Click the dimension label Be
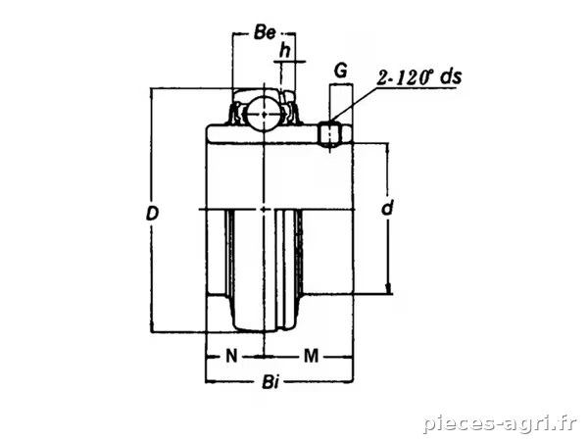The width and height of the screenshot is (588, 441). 265,32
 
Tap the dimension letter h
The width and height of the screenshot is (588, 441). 286,50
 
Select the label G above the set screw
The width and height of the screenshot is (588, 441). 340,71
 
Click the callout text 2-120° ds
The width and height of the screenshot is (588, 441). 419,77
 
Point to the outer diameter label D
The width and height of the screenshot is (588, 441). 152,214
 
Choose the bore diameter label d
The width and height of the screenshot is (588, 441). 388,208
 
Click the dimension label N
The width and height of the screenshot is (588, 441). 231,356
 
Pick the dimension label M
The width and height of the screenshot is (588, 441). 311,356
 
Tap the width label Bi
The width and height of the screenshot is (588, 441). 270,383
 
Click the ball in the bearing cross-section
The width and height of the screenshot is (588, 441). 264,114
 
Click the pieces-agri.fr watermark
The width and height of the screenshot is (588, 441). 500,423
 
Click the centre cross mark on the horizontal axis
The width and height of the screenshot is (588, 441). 265,209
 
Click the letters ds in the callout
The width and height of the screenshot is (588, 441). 451,76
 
